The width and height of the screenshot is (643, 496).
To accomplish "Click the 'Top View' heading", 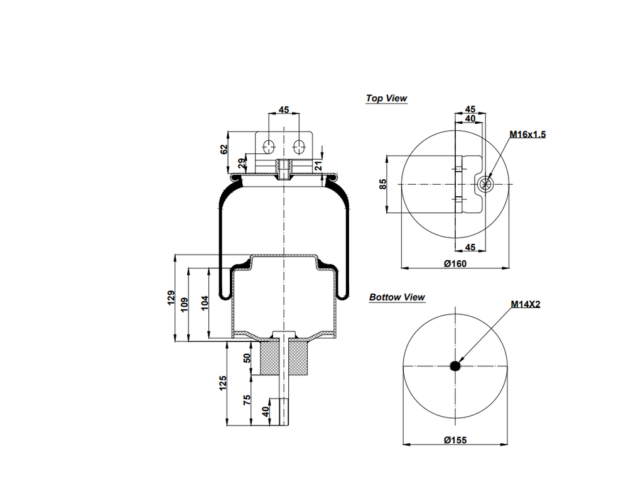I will (387, 98).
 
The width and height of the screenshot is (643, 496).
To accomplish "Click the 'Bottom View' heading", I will (397, 297).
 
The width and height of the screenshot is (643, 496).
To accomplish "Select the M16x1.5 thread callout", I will (527, 135).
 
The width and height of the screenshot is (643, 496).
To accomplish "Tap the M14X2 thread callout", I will (526, 304).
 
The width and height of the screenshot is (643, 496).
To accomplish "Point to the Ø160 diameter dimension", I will (455, 263).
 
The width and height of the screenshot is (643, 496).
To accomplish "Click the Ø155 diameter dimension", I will (455, 440).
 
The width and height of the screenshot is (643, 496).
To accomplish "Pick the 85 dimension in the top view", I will (384, 184).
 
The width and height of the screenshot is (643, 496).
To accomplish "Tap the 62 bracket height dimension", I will (224, 150).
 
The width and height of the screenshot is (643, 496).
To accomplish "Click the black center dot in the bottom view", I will (455, 366).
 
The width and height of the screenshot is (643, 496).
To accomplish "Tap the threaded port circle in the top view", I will (485, 184).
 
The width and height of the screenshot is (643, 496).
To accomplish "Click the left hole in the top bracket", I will (269, 146).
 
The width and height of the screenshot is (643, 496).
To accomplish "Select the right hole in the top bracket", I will (300, 146).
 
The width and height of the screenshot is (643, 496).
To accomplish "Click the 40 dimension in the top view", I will (470, 118).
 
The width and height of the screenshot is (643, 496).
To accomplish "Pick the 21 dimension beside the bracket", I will (318, 165).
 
